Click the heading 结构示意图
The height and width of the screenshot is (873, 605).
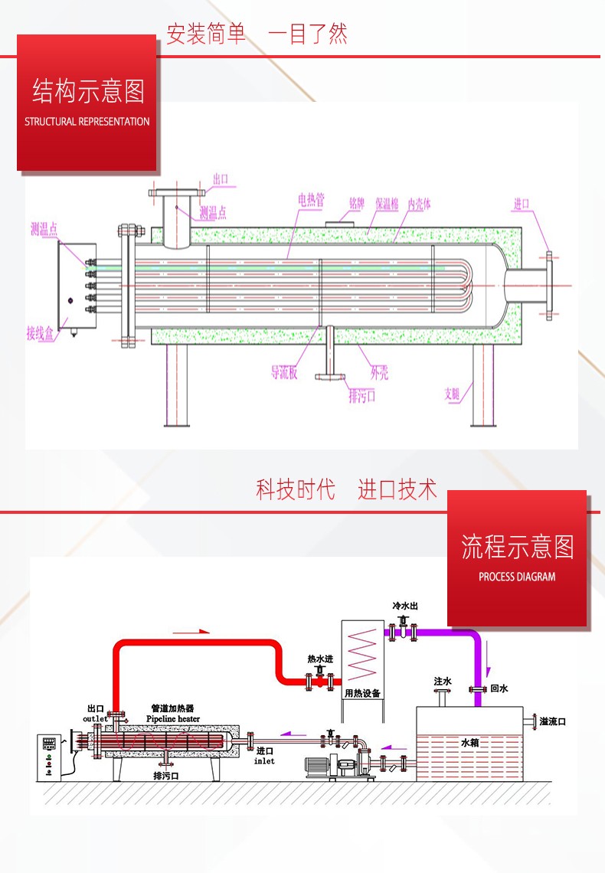click(x=88, y=91)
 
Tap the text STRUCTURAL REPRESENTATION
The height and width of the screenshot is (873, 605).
click(x=87, y=122)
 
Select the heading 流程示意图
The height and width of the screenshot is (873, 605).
click(x=518, y=547)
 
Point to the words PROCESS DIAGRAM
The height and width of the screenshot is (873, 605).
click(x=517, y=577)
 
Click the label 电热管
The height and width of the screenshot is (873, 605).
click(x=311, y=201)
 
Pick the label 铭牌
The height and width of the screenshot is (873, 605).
click(x=357, y=203)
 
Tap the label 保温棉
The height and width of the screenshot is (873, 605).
click(x=387, y=204)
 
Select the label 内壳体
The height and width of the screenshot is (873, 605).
click(x=419, y=204)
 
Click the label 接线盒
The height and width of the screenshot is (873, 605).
click(x=41, y=333)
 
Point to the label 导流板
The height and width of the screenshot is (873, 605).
click(x=283, y=373)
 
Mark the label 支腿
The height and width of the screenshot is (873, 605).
click(x=452, y=394)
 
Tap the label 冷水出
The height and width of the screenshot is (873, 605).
click(x=405, y=606)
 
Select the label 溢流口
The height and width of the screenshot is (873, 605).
click(x=552, y=721)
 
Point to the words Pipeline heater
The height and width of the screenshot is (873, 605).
click(x=173, y=719)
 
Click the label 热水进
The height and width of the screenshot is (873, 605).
click(x=320, y=659)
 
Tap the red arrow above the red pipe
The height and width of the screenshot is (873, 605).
click(x=191, y=632)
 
